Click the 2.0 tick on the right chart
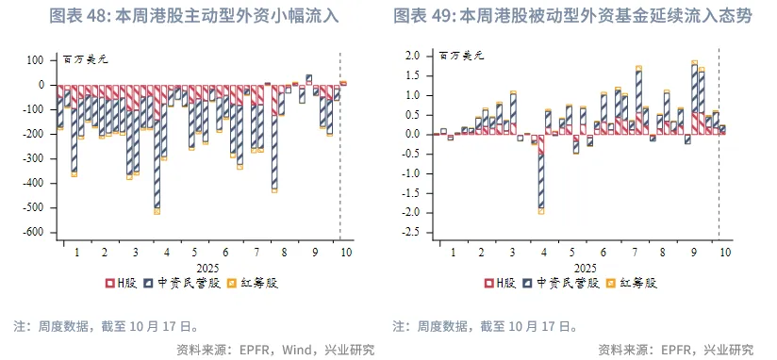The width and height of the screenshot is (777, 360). (x=412, y=56)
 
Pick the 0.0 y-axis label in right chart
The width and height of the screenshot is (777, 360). (x=412, y=134)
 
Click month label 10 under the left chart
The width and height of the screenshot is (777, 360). (x=345, y=253)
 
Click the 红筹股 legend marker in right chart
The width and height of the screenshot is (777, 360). (x=610, y=282)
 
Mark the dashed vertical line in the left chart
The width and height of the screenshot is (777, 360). (x=339, y=141)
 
